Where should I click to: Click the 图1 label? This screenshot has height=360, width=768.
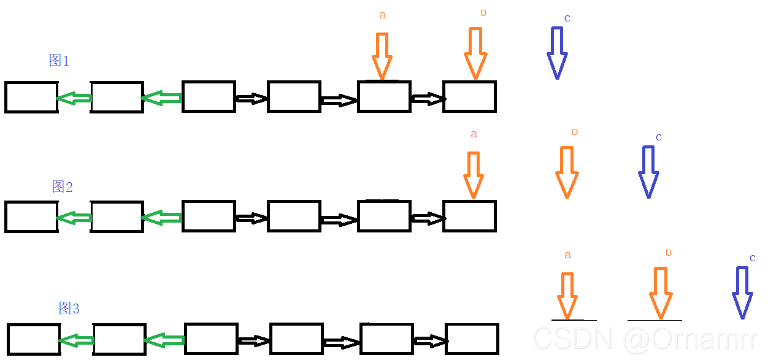coord(59,60)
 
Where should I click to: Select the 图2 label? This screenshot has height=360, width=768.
coord(62,186)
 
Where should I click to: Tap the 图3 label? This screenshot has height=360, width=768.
coord(69,308)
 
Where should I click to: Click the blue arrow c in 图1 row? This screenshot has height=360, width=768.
coord(557,53)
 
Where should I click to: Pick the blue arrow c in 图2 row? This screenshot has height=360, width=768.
coord(648,172)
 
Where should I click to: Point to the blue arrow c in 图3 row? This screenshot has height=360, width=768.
coord(743,293)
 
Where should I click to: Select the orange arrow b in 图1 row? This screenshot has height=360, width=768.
coord(475,53)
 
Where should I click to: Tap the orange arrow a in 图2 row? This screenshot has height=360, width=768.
coord(473,175)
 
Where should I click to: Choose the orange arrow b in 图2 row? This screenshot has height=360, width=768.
coord(567,172)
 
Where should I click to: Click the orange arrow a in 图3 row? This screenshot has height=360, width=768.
coord(567,296)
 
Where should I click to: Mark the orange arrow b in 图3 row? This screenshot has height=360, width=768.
coord(661,293)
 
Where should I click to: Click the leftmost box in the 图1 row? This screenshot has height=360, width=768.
coord(31,97)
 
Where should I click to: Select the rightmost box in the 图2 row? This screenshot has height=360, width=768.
coord(469,216)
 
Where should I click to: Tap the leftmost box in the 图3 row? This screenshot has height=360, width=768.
coord(34,339)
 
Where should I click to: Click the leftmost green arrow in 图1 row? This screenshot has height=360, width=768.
coord(74,98)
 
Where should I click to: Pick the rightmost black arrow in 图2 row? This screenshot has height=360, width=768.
coord(428,218)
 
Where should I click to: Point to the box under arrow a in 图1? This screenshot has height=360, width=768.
coord(384,97)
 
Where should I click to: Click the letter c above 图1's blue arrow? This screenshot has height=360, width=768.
coord(567,18)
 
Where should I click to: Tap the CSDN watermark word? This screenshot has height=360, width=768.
coord(574,339)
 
